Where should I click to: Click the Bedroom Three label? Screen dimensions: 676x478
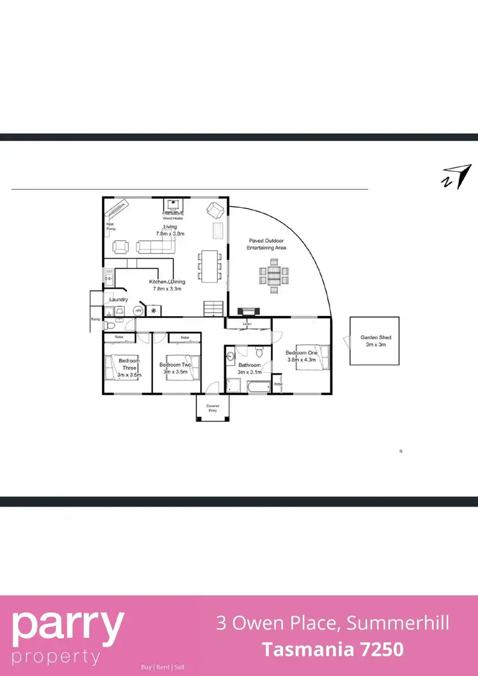tap(129, 364)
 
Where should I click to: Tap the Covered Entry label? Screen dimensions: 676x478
tap(212, 408)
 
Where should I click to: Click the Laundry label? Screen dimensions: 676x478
tap(119, 299)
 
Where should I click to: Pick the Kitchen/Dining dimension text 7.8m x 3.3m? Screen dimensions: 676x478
tap(167, 289)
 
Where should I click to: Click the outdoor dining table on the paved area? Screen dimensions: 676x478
tap(273, 275)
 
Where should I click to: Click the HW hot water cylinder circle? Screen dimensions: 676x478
tap(138, 310)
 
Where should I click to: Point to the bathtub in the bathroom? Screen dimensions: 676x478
tap(255, 386)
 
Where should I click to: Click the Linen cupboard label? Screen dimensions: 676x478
tap(248, 324)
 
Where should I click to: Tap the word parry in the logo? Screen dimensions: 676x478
tap(68, 626)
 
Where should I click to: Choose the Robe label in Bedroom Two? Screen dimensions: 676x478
tap(185, 337)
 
